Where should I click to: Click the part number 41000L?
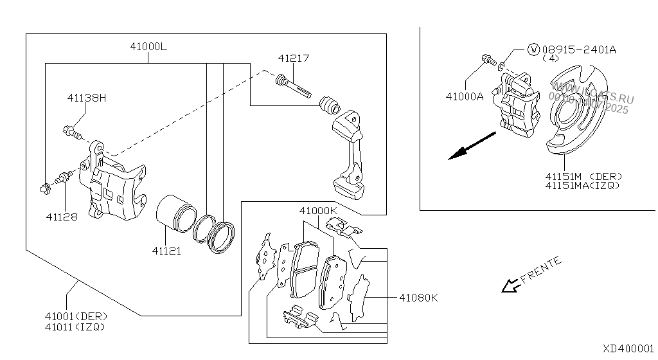[148, 47]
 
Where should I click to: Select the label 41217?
[294, 59]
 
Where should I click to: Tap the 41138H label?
[87, 98]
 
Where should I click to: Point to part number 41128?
[62, 217]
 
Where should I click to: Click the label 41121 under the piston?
[166, 251]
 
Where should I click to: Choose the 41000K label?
[317, 211]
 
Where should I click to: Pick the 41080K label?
[418, 298]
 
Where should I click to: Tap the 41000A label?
[465, 97]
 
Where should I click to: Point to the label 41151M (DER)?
[583, 176]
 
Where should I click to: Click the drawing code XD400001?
[628, 348]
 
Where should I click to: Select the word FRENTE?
[541, 271]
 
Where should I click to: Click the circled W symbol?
[533, 49]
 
